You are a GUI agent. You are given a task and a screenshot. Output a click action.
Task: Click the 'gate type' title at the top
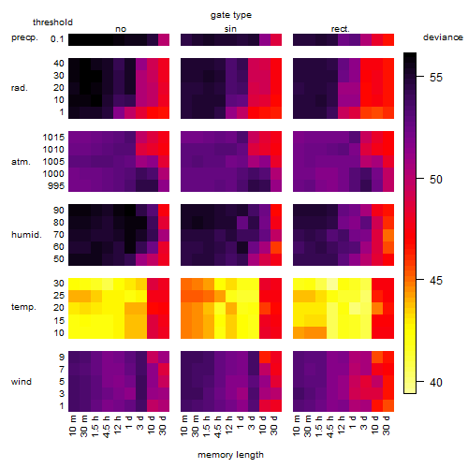click(x=231, y=15)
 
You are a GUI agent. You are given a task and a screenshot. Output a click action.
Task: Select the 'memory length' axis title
click(x=230, y=455)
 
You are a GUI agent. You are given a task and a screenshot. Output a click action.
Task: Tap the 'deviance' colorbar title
click(x=443, y=37)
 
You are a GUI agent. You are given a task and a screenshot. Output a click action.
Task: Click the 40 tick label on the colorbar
click(x=436, y=382)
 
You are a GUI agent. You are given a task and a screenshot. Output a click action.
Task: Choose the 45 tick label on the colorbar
click(x=436, y=280)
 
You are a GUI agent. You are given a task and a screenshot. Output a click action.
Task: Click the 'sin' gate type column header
click(x=230, y=29)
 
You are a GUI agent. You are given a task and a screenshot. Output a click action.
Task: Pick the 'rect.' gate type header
click(x=340, y=29)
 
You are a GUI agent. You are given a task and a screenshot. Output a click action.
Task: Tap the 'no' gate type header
click(x=121, y=29)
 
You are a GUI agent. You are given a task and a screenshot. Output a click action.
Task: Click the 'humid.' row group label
click(x=26, y=235)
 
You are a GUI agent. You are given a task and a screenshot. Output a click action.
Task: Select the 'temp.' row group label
click(x=23, y=307)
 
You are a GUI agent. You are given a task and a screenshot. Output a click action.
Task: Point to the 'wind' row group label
click(x=22, y=382)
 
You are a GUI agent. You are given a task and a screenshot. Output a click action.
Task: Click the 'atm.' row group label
click(x=21, y=162)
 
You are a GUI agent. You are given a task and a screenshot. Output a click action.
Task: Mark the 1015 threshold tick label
click(x=53, y=137)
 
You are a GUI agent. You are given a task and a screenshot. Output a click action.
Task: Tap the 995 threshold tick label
click(x=56, y=185)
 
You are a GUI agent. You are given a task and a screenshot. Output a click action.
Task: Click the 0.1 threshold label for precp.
click(x=57, y=39)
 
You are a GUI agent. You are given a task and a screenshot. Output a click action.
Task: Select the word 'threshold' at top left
click(x=52, y=22)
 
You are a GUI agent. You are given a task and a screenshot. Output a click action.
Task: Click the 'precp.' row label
click(x=24, y=37)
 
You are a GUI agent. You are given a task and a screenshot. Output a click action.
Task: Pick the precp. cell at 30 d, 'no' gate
click(x=164, y=39)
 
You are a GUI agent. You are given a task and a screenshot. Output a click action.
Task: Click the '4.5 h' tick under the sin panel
click(x=218, y=426)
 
